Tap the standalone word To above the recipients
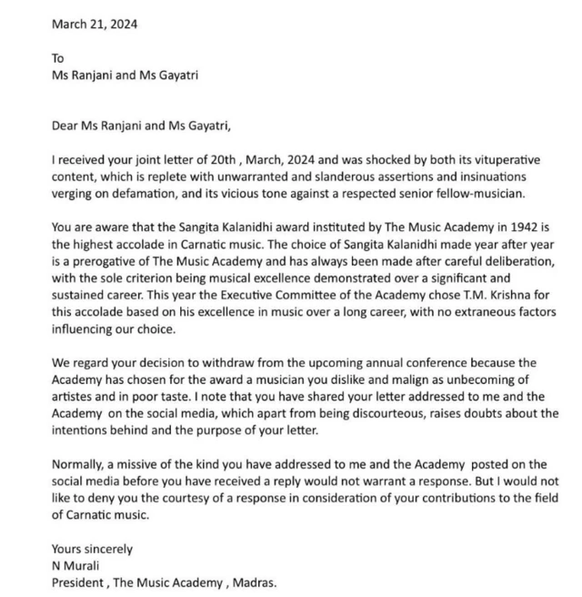pyautogui.click(x=58, y=57)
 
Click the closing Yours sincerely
pyautogui.click(x=92, y=549)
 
